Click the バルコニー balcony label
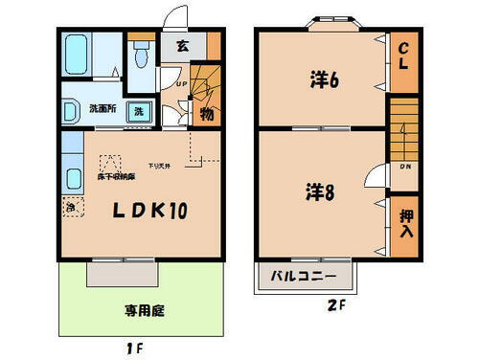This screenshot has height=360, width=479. click(304, 278)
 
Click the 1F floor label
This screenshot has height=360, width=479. click(133, 349)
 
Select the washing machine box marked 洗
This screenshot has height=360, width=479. click(139, 111)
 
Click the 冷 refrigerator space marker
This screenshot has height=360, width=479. click(70, 206)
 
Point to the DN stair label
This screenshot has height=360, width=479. click(406, 168)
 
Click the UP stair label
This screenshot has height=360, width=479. click(180, 83)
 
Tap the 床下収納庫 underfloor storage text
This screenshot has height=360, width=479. click(117, 177)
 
